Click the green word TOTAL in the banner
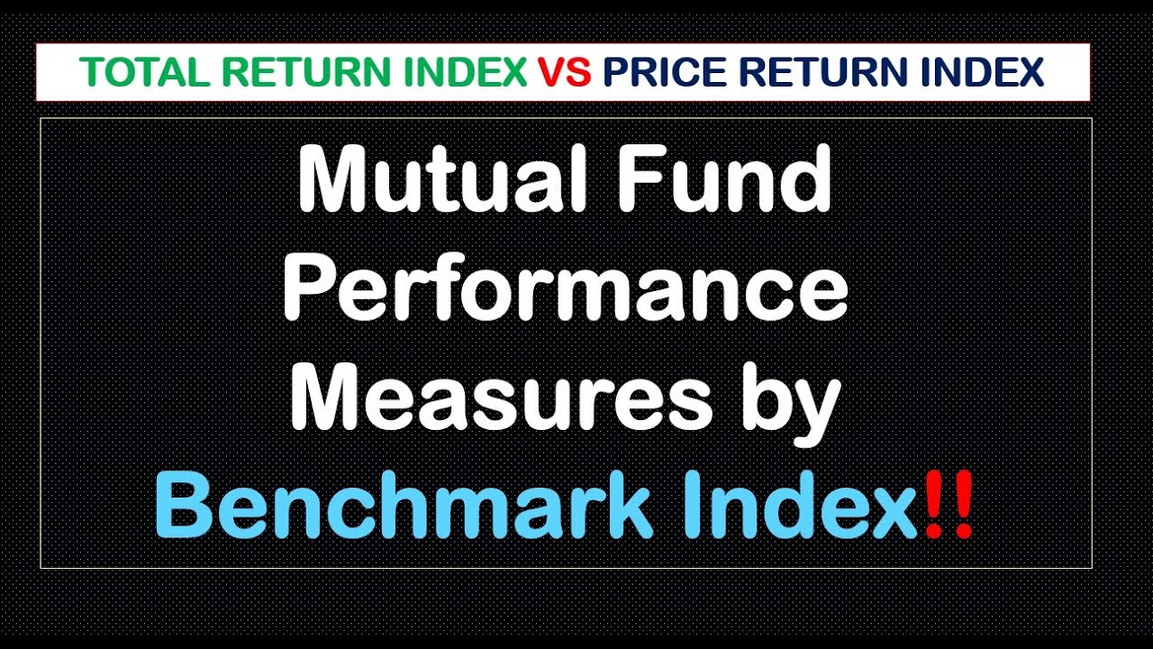[x=125, y=72]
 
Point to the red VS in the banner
[x=565, y=72]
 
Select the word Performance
[x=566, y=290]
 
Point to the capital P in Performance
[x=311, y=290]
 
